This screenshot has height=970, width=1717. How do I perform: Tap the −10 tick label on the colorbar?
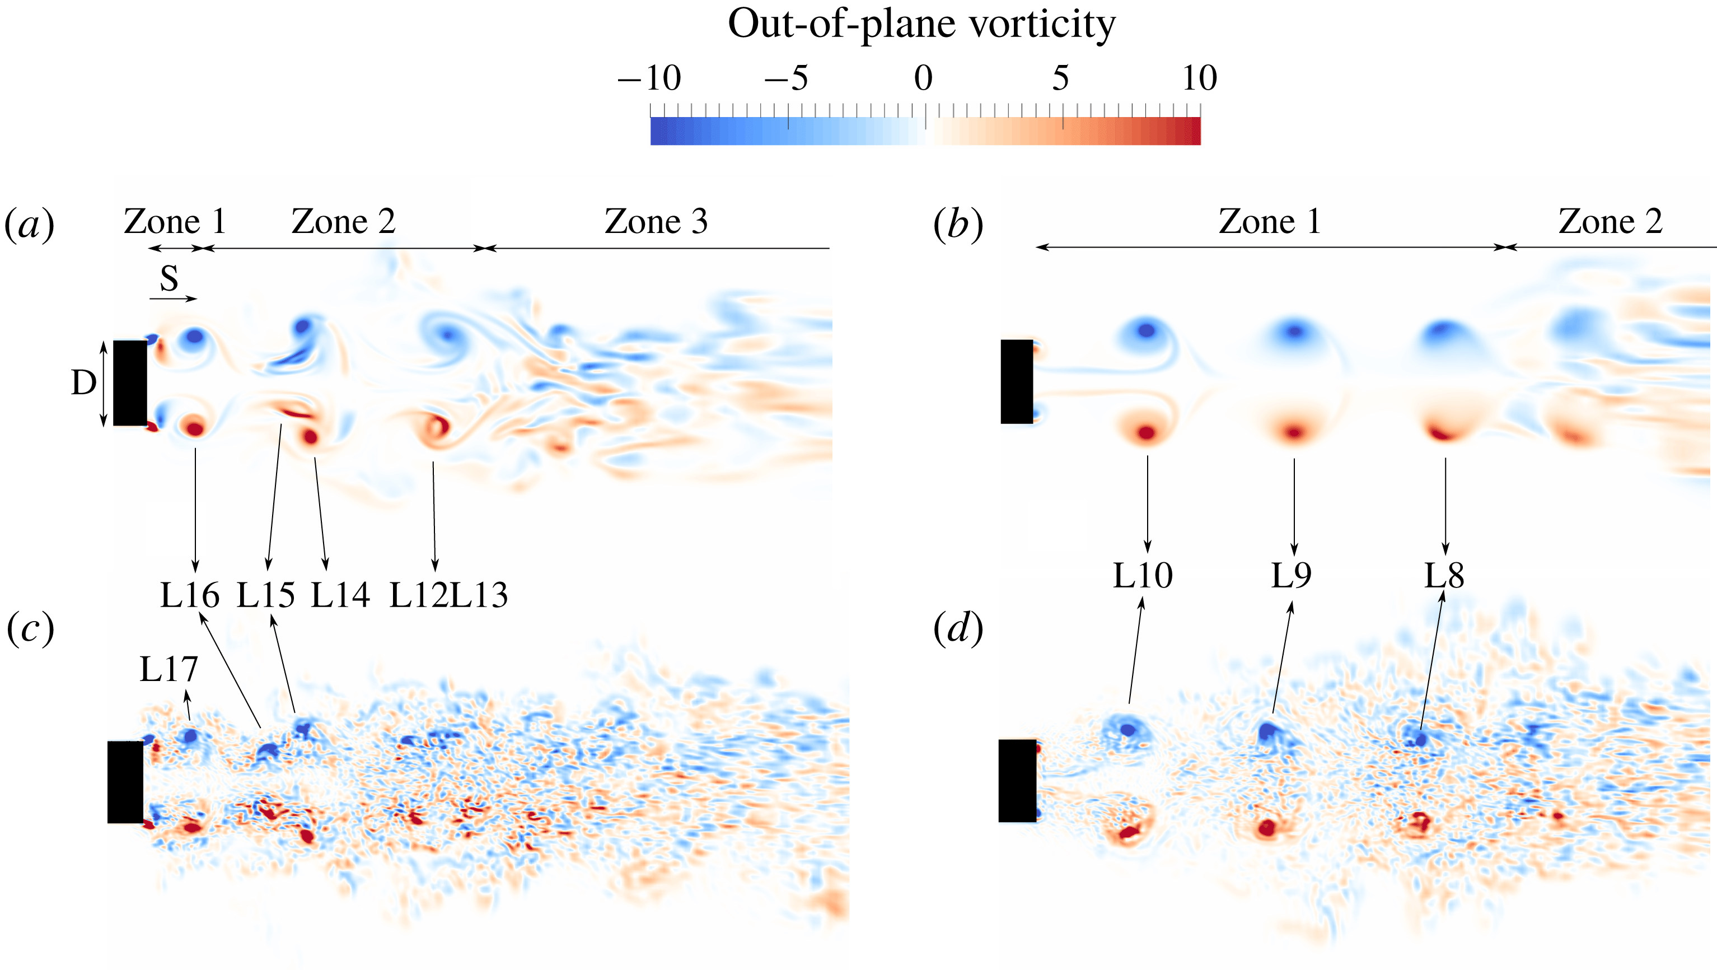pyautogui.click(x=648, y=78)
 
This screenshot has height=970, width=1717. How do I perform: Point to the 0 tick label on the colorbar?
pyautogui.click(x=923, y=78)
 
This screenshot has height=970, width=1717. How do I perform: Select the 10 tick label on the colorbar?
pyautogui.click(x=1199, y=78)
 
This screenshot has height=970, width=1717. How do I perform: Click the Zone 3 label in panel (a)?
pyautogui.click(x=656, y=221)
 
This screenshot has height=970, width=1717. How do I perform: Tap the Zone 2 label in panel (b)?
pyautogui.click(x=1611, y=221)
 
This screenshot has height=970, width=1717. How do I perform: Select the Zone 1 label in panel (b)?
pyautogui.click(x=1270, y=221)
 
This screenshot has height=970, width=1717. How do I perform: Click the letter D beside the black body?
pyautogui.click(x=83, y=383)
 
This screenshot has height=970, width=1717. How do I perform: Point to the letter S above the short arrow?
pyautogui.click(x=169, y=279)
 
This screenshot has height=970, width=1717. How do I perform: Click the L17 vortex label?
pyautogui.click(x=169, y=669)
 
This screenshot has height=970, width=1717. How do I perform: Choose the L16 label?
pyautogui.click(x=189, y=595)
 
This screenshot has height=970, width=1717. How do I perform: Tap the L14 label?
pyautogui.click(x=340, y=595)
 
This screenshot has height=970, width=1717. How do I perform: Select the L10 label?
pyautogui.click(x=1143, y=575)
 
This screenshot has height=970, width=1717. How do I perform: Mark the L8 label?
pyautogui.click(x=1444, y=575)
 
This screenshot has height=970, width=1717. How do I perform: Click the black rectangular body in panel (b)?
pyautogui.click(x=1017, y=381)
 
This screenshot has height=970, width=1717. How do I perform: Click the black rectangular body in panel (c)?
pyautogui.click(x=125, y=781)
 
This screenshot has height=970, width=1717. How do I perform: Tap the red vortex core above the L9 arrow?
pyautogui.click(x=1294, y=432)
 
